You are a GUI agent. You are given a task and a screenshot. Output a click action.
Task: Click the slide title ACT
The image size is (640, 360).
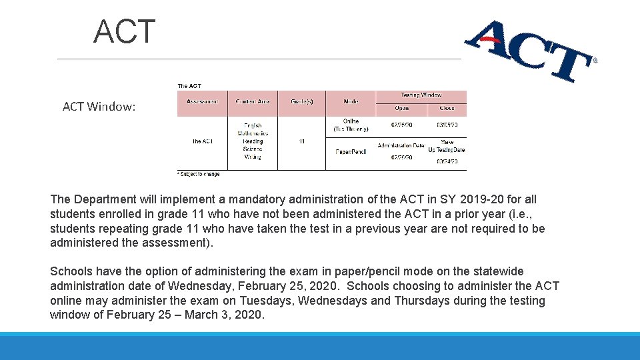(x=125, y=32)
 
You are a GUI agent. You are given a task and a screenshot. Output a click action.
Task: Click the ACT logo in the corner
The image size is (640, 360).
(x=530, y=51)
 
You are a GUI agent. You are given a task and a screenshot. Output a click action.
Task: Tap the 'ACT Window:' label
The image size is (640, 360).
(x=99, y=107)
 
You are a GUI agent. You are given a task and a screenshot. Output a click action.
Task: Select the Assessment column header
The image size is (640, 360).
(x=202, y=101)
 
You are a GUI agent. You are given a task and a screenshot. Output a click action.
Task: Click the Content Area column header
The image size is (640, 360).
(x=253, y=101)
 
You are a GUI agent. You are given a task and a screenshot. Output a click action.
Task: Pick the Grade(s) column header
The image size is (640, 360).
(x=302, y=101)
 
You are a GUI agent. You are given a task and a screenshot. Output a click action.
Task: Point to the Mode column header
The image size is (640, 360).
(x=351, y=101)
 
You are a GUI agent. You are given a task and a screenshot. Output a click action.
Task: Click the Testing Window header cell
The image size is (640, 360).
(x=421, y=95)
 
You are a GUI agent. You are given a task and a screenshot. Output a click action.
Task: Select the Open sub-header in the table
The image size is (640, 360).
(x=402, y=108)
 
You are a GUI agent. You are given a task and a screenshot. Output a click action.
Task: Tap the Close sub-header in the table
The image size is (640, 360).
(x=447, y=108)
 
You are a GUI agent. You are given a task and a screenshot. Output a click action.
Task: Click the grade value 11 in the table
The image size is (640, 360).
(x=302, y=141)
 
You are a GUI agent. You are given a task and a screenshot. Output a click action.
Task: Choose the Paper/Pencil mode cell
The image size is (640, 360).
(x=351, y=152)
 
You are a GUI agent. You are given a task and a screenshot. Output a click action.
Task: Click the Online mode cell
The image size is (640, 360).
(x=351, y=125)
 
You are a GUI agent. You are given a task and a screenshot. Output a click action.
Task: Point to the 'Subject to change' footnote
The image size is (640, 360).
(x=199, y=175)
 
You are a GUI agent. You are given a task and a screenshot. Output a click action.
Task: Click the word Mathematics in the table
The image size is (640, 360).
(x=253, y=133)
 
